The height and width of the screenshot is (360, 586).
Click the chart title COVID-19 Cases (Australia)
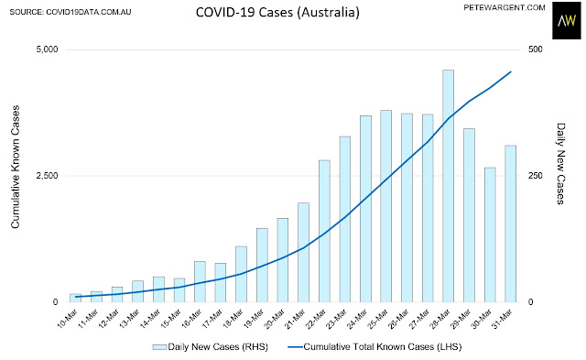click(x=277, y=12)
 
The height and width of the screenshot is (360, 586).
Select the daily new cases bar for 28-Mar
click(x=448, y=186)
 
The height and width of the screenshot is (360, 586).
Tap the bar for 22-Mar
click(x=324, y=231)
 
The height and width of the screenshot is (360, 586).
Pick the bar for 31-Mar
click(x=510, y=224)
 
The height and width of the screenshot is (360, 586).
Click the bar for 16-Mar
click(x=200, y=281)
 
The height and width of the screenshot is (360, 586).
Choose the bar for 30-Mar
click(x=490, y=235)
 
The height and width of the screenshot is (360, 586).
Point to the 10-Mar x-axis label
click(x=68, y=318)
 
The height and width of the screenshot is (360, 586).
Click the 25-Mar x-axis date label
click(x=378, y=318)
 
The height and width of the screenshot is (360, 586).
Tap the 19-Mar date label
click(x=254, y=318)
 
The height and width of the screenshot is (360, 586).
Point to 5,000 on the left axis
click(x=47, y=49)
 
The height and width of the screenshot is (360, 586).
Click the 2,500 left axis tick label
click(x=47, y=176)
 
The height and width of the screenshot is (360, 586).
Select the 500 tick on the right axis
click(x=535, y=49)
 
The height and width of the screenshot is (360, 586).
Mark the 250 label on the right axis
click(x=535, y=176)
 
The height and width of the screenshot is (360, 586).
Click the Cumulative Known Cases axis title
click(x=15, y=167)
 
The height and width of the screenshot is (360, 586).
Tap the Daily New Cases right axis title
click(x=560, y=164)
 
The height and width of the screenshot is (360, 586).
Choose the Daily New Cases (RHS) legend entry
click(x=211, y=347)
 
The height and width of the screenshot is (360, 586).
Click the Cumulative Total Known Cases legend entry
click(x=374, y=347)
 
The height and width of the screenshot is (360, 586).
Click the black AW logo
click(x=567, y=20)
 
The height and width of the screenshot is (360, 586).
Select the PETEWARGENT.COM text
click(x=505, y=7)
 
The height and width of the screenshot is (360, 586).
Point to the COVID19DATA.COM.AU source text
click(x=89, y=12)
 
